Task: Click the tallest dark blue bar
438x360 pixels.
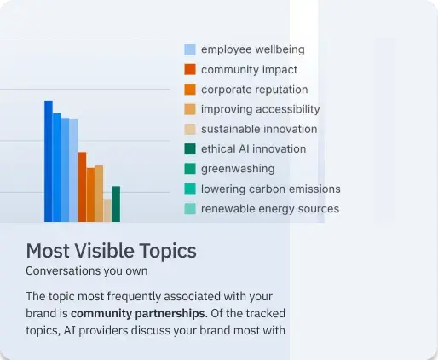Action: (x=49, y=161)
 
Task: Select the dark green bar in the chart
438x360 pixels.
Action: (x=116, y=204)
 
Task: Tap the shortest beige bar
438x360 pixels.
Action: (x=107, y=211)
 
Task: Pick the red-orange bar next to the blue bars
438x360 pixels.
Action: (x=82, y=187)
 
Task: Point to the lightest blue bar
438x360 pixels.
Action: (x=73, y=171)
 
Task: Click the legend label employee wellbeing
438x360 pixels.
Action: (x=253, y=49)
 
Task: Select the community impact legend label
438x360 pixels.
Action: (x=249, y=70)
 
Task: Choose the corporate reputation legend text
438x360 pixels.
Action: (x=254, y=90)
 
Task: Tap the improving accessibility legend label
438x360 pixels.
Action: (x=261, y=109)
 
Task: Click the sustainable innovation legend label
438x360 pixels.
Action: (x=259, y=129)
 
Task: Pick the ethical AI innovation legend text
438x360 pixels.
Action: (x=253, y=149)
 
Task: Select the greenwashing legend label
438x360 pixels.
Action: (x=238, y=169)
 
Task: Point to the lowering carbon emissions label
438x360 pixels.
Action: (x=271, y=189)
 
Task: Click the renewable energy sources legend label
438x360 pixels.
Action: (x=270, y=209)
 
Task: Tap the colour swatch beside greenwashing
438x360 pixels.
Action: (x=190, y=169)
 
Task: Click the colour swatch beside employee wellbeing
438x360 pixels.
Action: (x=190, y=49)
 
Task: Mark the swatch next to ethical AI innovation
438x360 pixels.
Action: (x=190, y=148)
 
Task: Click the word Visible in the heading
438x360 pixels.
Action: (x=104, y=251)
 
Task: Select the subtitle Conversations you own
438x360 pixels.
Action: (x=87, y=270)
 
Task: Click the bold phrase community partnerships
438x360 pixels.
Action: (x=137, y=313)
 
